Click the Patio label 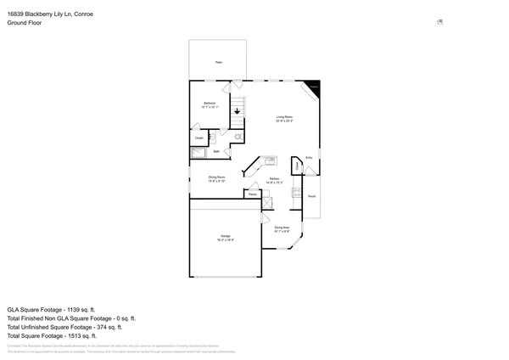coord(218,62)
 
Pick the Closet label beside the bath coord(199,137)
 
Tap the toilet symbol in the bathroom coord(238,136)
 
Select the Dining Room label coord(216,178)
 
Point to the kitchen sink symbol coord(270,160)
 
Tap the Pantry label coord(253,194)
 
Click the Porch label coord(312,196)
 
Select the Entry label coord(309,158)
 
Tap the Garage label coord(225,238)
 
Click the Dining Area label coord(282,228)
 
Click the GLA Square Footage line coord(51,310)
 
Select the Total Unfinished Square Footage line coord(64,327)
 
